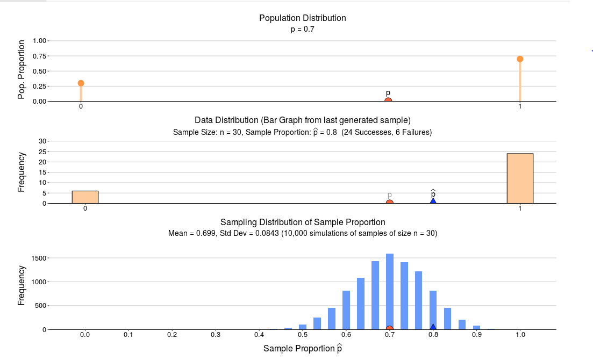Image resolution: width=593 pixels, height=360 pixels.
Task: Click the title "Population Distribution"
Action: (302, 18)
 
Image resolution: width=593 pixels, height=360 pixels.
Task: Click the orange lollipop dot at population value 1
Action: (520, 59)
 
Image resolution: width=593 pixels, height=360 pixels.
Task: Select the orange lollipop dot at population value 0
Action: (81, 83)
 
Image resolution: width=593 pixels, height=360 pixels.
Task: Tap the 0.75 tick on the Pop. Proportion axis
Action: (40, 56)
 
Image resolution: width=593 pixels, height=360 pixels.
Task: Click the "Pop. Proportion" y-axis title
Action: (22, 70)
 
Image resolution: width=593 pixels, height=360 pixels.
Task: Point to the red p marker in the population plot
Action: (388, 100)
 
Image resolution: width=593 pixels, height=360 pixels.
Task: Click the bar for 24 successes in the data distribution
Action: (520, 178)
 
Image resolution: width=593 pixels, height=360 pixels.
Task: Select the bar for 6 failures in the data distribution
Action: (85, 197)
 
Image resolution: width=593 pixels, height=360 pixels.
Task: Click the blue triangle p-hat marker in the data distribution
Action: (433, 201)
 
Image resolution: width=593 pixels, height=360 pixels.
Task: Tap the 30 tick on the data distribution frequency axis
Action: (43, 141)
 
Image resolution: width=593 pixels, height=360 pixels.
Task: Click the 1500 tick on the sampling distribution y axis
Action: (40, 258)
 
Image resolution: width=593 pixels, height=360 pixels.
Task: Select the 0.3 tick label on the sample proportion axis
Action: (216, 335)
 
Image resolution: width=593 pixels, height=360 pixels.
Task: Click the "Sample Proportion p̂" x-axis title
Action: (302, 348)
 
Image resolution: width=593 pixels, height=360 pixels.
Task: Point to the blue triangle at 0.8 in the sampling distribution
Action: (433, 327)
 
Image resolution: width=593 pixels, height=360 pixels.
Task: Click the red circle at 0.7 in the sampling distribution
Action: (390, 328)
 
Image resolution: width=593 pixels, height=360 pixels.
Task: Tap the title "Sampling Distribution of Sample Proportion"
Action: (303, 222)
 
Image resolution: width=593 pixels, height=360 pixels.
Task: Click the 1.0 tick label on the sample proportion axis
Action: (520, 335)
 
